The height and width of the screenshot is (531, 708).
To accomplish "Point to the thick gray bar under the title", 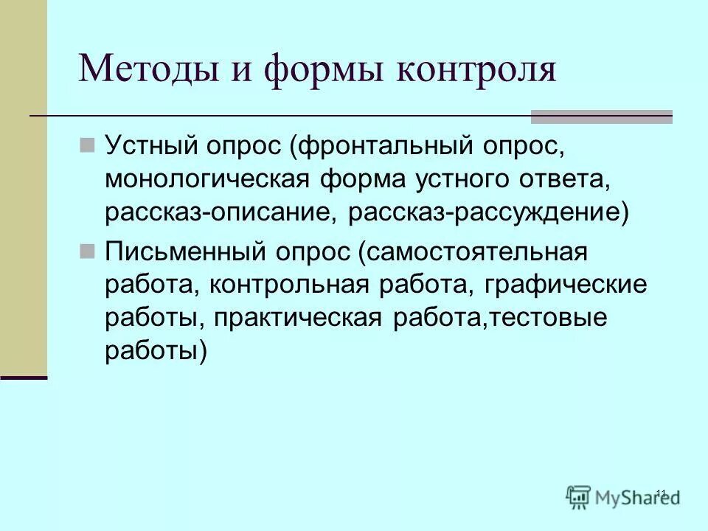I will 602,116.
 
